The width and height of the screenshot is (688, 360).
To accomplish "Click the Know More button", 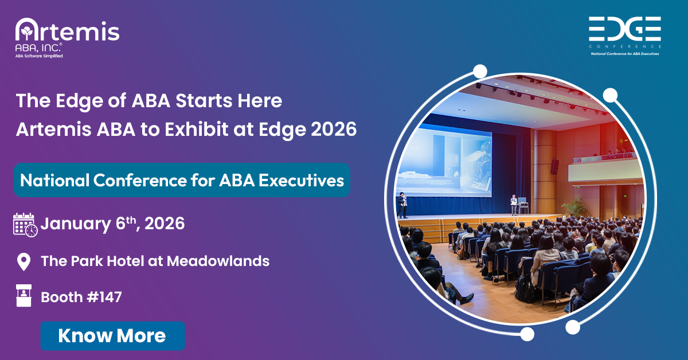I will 112,335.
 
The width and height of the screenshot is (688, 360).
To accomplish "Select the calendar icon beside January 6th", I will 25,224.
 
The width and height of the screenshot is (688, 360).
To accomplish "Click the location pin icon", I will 24,261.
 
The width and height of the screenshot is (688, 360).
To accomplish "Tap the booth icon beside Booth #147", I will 24,297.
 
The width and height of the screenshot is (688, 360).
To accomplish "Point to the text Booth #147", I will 81,297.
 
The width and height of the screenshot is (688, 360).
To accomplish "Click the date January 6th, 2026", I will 112,224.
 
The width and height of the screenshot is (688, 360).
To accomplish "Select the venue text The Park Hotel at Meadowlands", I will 155,261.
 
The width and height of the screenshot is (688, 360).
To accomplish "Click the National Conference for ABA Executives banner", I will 182,180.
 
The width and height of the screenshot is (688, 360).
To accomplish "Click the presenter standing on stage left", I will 402,205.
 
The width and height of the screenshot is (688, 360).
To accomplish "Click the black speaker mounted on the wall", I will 554,166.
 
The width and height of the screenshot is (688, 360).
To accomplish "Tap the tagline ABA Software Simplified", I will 39,56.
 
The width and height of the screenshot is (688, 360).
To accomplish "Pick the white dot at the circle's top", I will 480,71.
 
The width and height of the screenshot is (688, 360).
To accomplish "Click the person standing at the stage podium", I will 514,204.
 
